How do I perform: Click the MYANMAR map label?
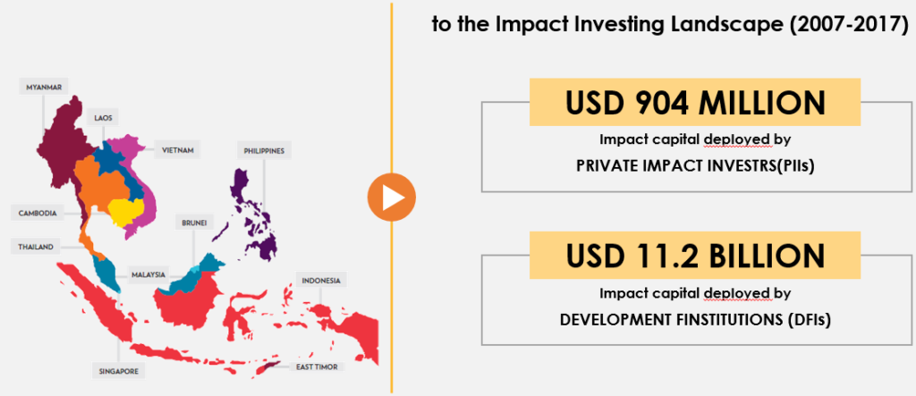(44, 88)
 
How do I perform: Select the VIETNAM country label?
(178, 150)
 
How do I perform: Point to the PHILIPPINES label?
(264, 151)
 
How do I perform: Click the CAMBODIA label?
(38, 213)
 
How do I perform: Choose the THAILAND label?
(36, 247)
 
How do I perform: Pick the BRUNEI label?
(194, 223)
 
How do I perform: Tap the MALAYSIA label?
(148, 274)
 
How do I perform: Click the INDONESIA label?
(321, 281)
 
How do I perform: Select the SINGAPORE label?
(119, 370)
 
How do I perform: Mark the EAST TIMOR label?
(318, 367)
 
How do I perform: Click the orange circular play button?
(392, 198)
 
